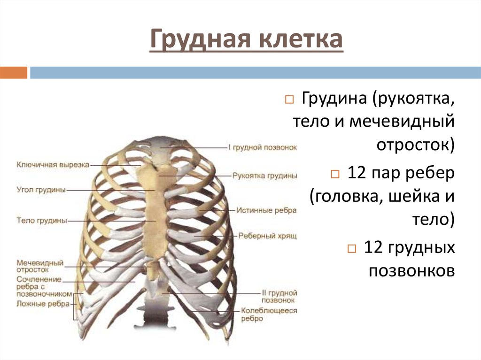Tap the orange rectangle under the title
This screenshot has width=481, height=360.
tap(14, 72)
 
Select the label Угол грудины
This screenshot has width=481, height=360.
tap(41, 190)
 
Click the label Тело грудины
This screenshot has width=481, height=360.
tap(41, 220)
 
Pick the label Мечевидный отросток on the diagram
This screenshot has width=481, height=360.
tap(39, 267)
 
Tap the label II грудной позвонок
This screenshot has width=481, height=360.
tap(277, 296)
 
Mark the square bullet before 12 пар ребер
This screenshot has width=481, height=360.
tap(334, 174)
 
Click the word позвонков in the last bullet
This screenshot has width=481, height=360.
tap(411, 271)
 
